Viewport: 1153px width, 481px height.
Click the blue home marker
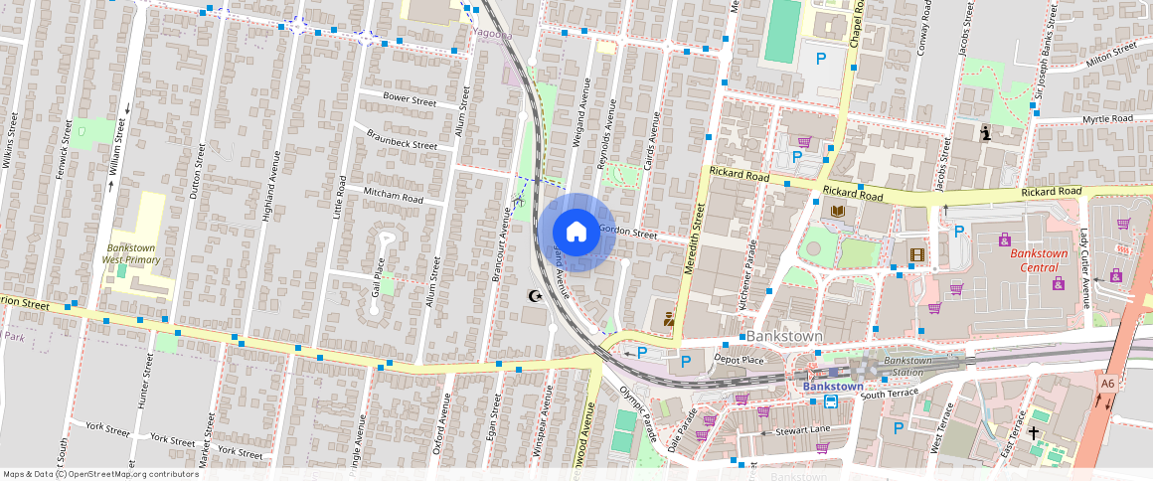coord(576,233)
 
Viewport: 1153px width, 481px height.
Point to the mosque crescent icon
coord(537,295)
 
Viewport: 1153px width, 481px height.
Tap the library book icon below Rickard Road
coord(837,211)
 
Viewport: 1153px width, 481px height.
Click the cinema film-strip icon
coord(914,253)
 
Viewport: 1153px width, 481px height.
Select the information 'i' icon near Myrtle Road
coord(985,131)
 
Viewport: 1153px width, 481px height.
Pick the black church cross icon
coord(1034,433)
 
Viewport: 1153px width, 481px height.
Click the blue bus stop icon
coord(830,401)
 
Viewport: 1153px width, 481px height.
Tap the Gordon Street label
coord(627,234)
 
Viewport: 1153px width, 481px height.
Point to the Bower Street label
coord(410,101)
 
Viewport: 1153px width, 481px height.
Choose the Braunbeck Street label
coord(402,145)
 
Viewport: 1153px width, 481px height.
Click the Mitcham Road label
coord(393,199)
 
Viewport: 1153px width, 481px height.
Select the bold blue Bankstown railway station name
coord(832,386)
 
